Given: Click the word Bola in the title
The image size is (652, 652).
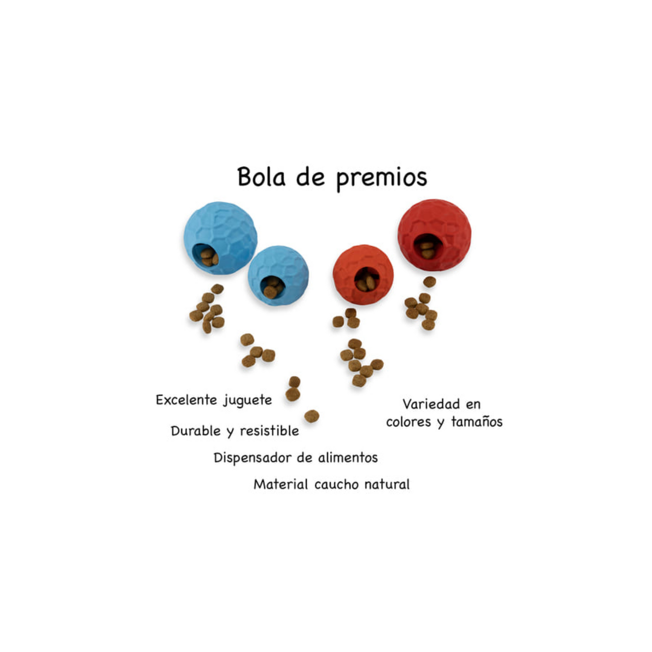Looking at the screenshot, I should [x=261, y=177].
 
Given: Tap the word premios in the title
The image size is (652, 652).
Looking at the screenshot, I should [x=382, y=178].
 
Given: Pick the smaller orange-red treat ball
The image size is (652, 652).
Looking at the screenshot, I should [x=363, y=274].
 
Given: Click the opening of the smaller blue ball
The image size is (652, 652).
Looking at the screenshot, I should [x=272, y=287].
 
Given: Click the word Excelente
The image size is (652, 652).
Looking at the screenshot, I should [x=186, y=400].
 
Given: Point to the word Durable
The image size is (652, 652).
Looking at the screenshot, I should [x=196, y=431].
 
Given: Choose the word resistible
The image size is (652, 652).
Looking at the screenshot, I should [x=269, y=431].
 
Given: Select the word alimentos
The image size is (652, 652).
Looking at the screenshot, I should [x=348, y=458].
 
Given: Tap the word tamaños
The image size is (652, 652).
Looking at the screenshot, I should [x=476, y=422].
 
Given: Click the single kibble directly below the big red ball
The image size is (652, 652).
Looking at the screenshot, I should [x=430, y=282].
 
